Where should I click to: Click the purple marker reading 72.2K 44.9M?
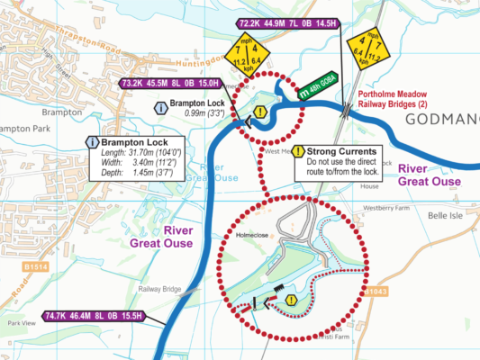(287, 23)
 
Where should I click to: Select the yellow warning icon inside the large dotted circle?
(291, 300)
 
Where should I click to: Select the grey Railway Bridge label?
(159, 290)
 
